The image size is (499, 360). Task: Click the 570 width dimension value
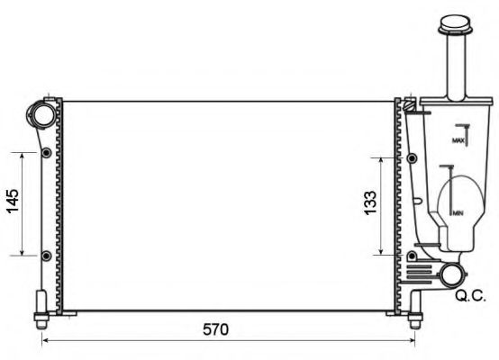click(x=215, y=329)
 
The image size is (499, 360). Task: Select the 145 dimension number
click(x=11, y=204)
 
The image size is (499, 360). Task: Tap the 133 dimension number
click(x=367, y=204)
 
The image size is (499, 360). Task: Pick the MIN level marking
click(x=458, y=212)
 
